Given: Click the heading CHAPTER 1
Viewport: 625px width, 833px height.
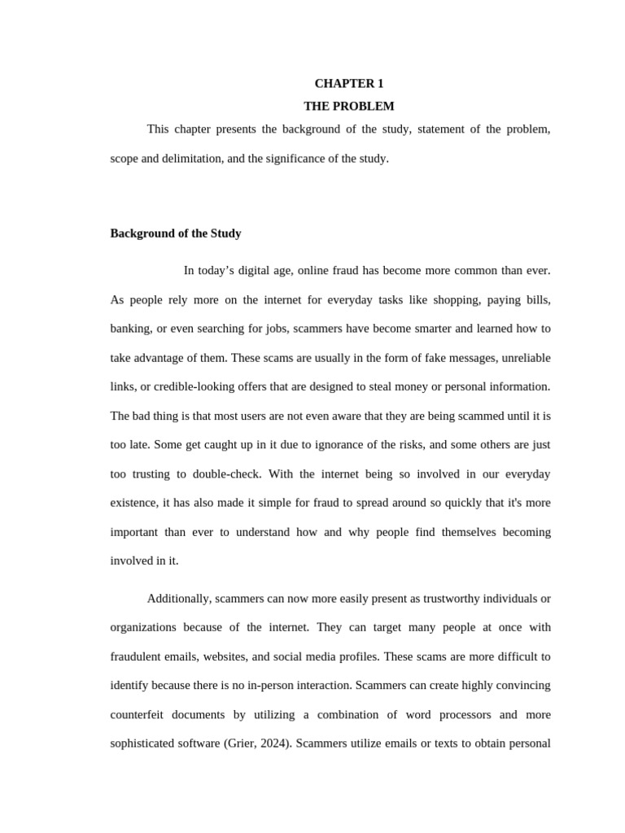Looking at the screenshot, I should coord(348,84).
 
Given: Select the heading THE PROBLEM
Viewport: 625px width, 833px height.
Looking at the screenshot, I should coord(348,107).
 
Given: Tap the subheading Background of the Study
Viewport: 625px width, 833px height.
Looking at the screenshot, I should coord(176,233).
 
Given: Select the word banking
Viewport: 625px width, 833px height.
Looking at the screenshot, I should coord(129,329).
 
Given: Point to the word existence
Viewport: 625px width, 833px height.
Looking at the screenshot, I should coord(133,503).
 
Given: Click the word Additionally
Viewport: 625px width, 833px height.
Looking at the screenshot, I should coord(178,599).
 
